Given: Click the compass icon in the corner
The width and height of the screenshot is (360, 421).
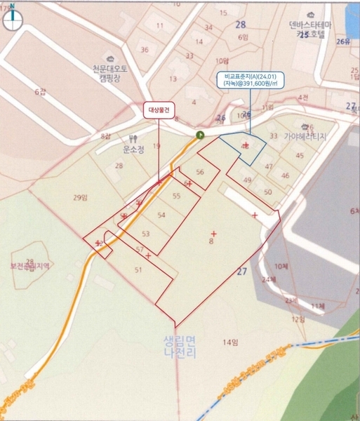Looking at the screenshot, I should point(13,19).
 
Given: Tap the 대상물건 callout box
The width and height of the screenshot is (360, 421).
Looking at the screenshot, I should point(159,109).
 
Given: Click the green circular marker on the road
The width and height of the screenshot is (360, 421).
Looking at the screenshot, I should point(199,134).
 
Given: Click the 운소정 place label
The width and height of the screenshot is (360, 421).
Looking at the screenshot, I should point(133,149).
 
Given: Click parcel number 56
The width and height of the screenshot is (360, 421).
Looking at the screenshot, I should point(200,172).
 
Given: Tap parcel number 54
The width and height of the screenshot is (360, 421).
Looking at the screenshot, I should point(161,215).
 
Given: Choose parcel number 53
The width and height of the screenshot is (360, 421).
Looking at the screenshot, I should point(146,234).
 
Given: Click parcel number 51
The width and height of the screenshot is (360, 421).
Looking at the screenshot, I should point(138,270).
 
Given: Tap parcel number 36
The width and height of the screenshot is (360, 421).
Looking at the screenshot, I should point(144,50).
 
